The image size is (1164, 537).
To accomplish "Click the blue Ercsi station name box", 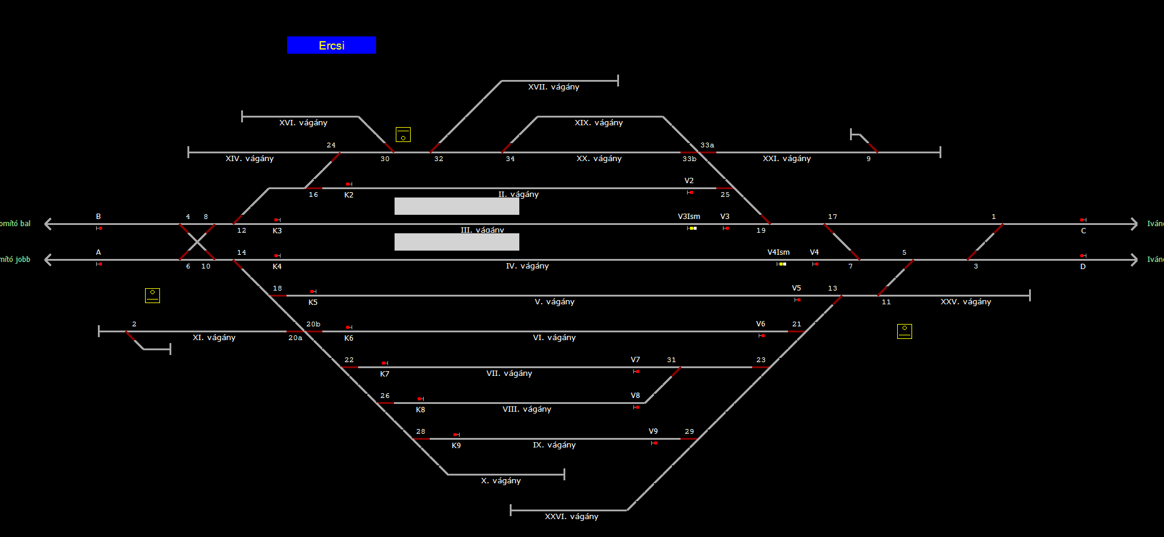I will [331, 45].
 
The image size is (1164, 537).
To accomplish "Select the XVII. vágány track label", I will [553, 87].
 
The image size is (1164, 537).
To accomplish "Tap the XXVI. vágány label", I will [571, 517].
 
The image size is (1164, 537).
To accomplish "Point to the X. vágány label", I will [501, 481].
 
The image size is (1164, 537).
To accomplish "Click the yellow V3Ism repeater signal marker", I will [692, 228].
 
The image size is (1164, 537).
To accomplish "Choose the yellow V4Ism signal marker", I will [781, 264].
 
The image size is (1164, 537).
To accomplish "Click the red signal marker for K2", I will [349, 184].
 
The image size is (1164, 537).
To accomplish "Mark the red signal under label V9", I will [655, 443].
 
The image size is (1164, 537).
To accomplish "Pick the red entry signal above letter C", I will [1083, 220].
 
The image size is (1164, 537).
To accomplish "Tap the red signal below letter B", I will [100, 228].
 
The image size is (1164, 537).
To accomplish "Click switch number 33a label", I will [707, 145].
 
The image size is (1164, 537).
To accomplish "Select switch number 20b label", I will [313, 324].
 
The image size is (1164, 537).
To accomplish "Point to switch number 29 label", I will [689, 431].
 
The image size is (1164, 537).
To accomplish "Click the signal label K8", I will [420, 410].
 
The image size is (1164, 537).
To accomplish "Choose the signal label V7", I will [635, 360].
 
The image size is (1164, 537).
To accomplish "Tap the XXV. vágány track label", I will [966, 302].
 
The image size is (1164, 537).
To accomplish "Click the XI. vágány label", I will [214, 338].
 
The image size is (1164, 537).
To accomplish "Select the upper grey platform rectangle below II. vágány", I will [457, 206].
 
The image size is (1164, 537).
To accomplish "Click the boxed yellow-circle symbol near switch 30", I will [403, 134].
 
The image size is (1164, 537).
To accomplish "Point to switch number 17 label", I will [833, 217].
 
